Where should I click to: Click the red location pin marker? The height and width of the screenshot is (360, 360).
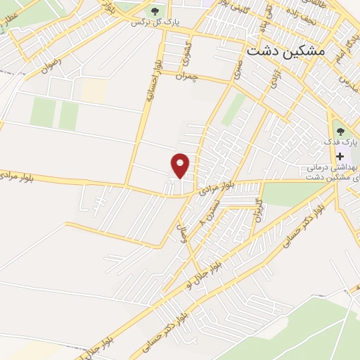(181, 165)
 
